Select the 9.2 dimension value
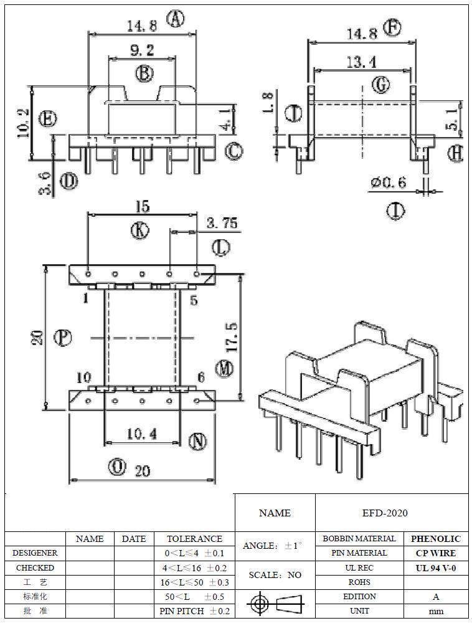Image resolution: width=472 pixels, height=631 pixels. (x=142, y=50)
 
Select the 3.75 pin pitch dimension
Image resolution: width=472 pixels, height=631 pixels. (x=221, y=223)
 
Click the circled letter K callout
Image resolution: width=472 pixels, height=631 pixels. (x=140, y=230)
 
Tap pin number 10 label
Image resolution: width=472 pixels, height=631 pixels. (x=84, y=377)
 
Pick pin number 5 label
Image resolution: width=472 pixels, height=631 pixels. (x=194, y=301)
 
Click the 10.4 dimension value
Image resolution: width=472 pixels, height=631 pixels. (x=141, y=434)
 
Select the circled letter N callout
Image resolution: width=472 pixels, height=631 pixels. (x=197, y=442)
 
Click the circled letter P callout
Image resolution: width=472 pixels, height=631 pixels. (x=62, y=338)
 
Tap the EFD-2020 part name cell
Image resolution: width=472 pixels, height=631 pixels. (x=385, y=513)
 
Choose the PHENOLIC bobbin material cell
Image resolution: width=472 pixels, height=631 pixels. (x=436, y=539)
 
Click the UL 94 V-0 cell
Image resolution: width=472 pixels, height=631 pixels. (x=436, y=567)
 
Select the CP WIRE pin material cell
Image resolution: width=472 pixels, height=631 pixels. (x=436, y=553)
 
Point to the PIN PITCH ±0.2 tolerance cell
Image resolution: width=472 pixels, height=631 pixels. (x=194, y=611)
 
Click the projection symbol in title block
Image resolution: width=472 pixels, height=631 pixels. (x=275, y=604)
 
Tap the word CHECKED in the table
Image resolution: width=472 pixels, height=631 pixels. (x=35, y=567)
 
